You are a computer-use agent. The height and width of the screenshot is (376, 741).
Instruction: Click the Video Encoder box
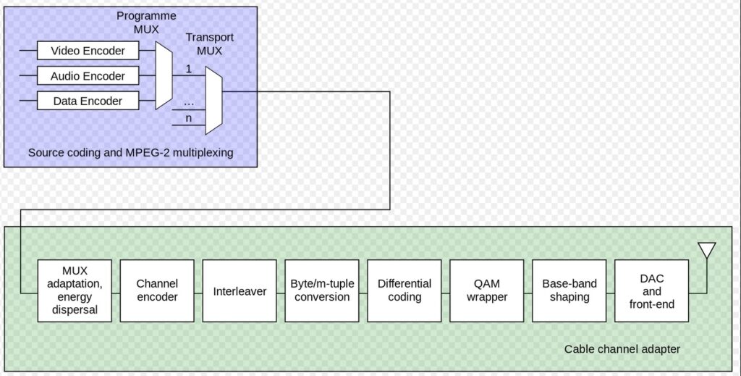[x=88, y=51]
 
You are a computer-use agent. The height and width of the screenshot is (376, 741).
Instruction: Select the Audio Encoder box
[x=88, y=76]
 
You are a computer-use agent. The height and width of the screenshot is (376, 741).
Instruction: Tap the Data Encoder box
[x=88, y=101]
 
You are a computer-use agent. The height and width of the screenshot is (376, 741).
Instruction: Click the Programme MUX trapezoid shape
[x=164, y=75]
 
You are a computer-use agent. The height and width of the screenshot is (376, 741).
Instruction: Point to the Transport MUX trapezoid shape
[x=213, y=101]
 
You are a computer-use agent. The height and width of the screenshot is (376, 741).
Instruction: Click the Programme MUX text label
[x=145, y=22]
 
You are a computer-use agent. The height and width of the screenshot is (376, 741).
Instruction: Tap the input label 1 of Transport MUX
[x=189, y=70]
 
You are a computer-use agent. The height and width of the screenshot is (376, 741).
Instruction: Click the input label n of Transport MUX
[x=189, y=118]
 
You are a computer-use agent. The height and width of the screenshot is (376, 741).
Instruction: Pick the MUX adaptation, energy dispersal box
[x=75, y=291]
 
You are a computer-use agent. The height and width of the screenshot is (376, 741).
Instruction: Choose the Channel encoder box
[x=157, y=291]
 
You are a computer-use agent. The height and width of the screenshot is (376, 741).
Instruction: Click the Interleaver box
[x=240, y=291]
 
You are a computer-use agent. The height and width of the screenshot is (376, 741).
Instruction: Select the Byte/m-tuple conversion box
[x=322, y=291]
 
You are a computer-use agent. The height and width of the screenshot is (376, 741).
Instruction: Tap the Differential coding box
[x=405, y=291]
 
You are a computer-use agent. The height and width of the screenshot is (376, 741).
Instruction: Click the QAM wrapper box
[x=487, y=291]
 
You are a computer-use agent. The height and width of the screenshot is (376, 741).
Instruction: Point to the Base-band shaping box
[x=569, y=291]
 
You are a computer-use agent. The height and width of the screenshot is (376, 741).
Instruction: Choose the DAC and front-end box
[x=652, y=291]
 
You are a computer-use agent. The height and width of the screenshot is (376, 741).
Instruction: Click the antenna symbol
[x=707, y=251]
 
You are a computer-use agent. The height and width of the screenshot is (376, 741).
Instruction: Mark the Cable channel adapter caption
[x=622, y=349]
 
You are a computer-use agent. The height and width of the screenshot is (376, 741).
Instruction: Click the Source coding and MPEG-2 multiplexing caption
[x=131, y=153]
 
